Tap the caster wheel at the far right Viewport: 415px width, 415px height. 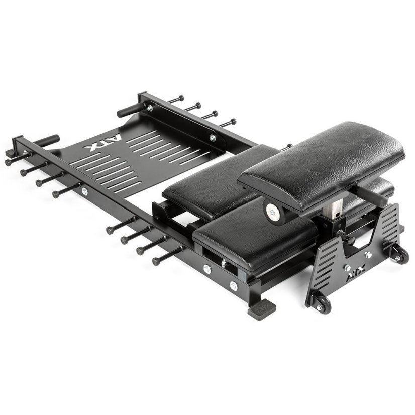(x=401, y=256)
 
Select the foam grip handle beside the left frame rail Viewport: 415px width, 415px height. (x=46, y=140)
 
